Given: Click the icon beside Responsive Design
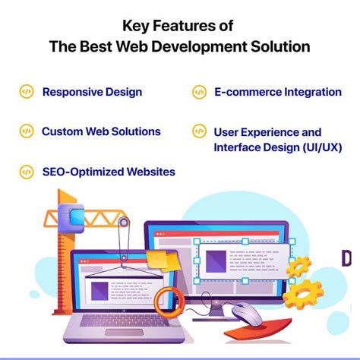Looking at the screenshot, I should [26, 92].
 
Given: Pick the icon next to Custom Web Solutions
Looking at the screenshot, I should [26, 131].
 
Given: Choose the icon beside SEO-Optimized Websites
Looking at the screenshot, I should [26, 172].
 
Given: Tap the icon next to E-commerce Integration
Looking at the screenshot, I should [199, 92].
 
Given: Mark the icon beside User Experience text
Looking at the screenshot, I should [199, 132].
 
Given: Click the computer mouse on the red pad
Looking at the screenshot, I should [248, 311].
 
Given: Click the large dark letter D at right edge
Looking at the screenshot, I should [347, 258].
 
